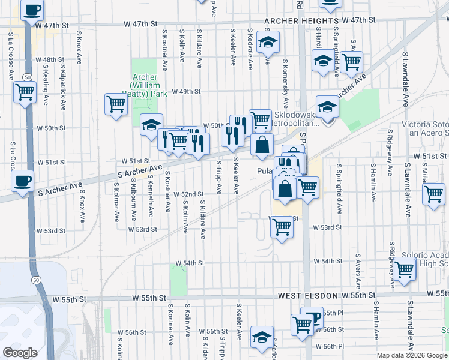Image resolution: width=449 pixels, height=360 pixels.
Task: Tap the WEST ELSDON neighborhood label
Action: tap(307, 296)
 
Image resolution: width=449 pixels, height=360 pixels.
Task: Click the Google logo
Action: tap(20, 353)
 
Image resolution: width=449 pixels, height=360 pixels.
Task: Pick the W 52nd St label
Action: tap(189, 194)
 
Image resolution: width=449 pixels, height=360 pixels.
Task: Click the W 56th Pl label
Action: tap(333, 346)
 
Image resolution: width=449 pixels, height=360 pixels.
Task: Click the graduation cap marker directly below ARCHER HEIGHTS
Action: tap(268, 43)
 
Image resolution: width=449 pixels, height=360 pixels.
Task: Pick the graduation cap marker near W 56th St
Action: tap(262, 336)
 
